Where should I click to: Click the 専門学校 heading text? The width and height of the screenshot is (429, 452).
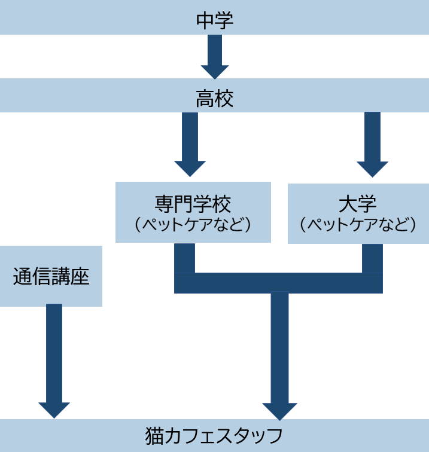tap(192, 204)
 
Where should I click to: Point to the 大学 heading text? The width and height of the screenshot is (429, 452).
tap(358, 204)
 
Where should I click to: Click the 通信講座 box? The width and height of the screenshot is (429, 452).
tap(51, 276)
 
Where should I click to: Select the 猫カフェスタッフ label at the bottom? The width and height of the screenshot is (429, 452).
tap(214, 436)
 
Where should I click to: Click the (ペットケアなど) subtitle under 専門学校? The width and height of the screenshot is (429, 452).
tap(192, 226)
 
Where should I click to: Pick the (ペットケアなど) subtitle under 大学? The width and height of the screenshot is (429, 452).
tap(358, 226)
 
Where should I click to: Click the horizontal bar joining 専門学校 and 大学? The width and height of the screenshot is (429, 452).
tap(278, 283)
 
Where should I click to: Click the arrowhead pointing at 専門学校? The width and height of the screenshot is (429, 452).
tap(190, 168)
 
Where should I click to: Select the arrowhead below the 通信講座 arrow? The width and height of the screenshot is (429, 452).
tap(54, 410)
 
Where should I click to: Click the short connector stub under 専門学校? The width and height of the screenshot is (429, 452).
tap(184, 258)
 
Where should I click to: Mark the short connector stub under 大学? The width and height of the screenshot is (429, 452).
tap(372, 258)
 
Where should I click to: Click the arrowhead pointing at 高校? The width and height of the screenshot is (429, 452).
tap(215, 72)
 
